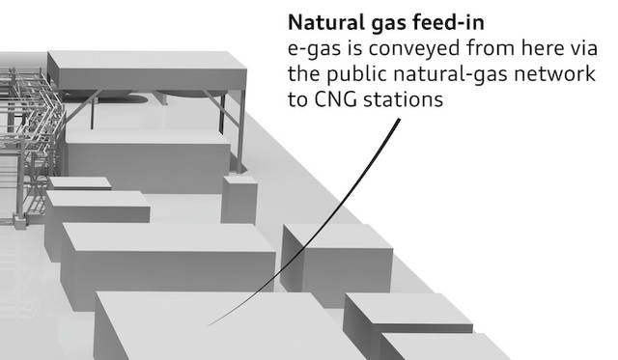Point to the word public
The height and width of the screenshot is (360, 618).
pos(356,74)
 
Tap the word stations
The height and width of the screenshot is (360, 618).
pos(403,99)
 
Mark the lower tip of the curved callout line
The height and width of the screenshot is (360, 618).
pos(209,325)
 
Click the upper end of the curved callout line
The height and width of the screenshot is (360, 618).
pos(399,119)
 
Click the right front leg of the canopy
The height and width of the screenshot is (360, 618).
pos(241,130)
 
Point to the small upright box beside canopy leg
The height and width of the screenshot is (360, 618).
pos(239,200)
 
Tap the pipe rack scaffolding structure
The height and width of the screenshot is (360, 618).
pos(28,146)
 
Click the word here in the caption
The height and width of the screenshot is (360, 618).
pos(537,48)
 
